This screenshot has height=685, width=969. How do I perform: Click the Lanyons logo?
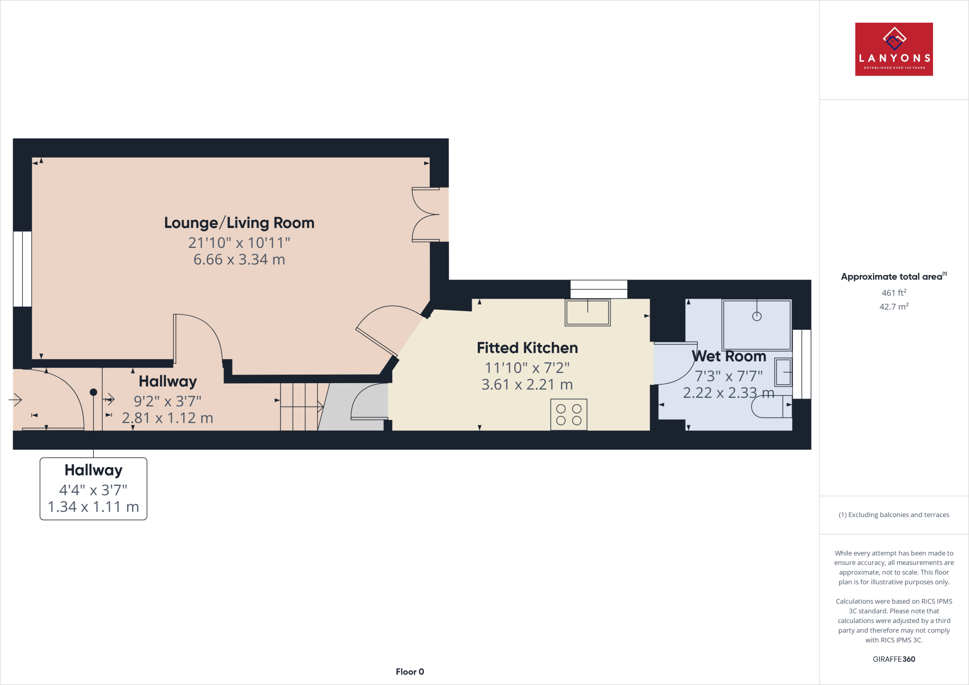[893, 49]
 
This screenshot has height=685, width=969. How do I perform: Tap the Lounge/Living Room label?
[239, 223]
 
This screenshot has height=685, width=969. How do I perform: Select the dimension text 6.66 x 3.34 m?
[239, 260]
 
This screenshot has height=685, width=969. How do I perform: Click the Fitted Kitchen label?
[527, 348]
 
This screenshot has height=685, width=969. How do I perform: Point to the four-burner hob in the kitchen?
[569, 415]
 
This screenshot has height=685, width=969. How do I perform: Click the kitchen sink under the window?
[587, 313]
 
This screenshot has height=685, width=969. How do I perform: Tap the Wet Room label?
[729, 356]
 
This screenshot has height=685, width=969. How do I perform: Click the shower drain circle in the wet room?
[757, 316]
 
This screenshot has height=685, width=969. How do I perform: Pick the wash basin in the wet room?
[784, 372]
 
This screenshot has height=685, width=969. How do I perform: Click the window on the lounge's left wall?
[22, 269]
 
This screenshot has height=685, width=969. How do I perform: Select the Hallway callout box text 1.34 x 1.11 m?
[93, 507]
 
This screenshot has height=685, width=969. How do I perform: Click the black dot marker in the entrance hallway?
[93, 392]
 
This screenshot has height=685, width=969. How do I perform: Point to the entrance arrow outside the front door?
[15, 400]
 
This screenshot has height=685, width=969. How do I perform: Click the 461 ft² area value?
[893, 293]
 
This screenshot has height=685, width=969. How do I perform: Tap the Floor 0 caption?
[410, 672]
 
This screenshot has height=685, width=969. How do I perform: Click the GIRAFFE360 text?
[893, 659]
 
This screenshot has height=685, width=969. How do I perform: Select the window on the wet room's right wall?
[802, 364]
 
